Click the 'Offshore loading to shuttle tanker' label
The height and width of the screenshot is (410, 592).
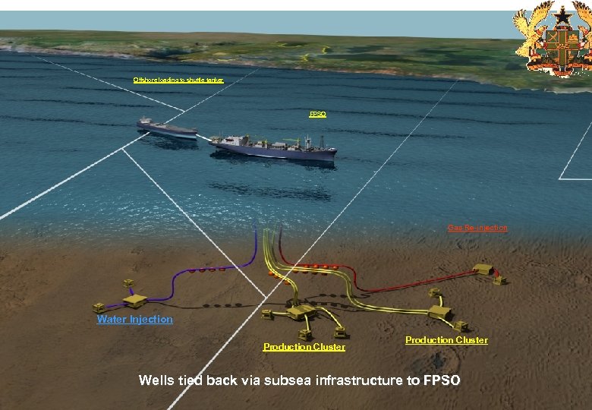click(x=178, y=80)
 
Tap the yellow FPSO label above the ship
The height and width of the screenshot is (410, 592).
click(x=317, y=114)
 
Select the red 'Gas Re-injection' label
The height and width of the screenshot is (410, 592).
click(x=477, y=228)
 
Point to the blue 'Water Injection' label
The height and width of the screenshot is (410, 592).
click(x=134, y=320)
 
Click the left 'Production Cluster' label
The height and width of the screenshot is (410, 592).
click(x=304, y=347)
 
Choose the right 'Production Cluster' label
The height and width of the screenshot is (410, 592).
click(x=446, y=340)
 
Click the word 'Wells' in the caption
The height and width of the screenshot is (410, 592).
click(x=156, y=380)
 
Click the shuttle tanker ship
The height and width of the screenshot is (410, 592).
click(x=166, y=128)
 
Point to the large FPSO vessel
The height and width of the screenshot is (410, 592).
click(x=273, y=147)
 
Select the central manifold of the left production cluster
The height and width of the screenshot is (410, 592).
click(x=301, y=311)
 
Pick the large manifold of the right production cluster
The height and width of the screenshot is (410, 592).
click(x=439, y=311)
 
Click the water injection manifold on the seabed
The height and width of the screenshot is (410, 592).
click(x=134, y=300)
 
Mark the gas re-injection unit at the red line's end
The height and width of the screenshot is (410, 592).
click(x=483, y=270)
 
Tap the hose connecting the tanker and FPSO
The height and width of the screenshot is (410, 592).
click(x=203, y=137)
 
